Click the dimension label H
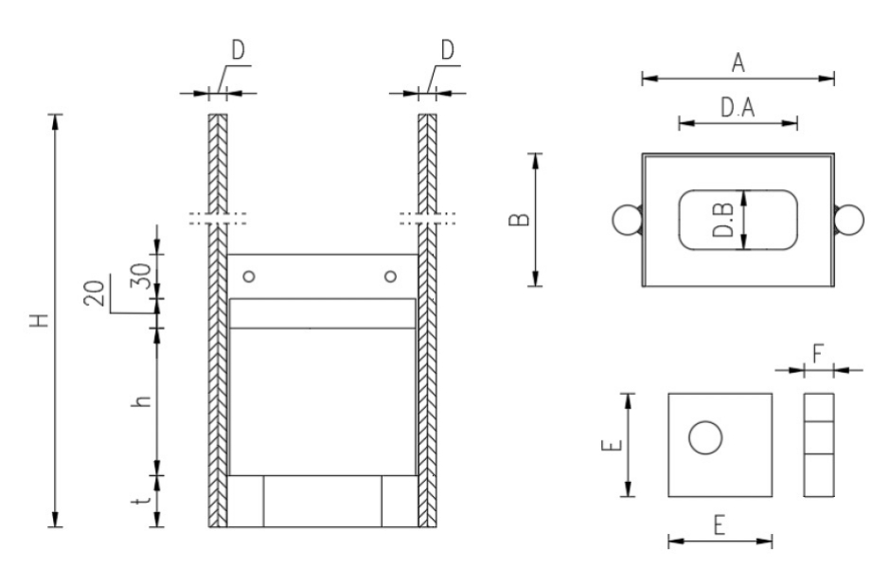point(38,321)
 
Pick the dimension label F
point(818,355)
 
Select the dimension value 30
point(140,277)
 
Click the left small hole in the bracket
point(249,276)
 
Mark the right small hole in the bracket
point(389,276)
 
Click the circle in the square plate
point(705,437)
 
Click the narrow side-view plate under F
point(819,444)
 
